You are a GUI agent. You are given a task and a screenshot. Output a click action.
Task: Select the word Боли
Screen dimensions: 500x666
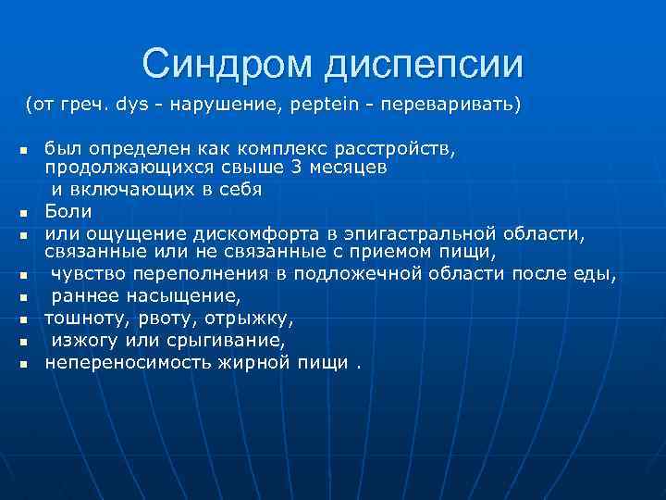coord(68,211)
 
